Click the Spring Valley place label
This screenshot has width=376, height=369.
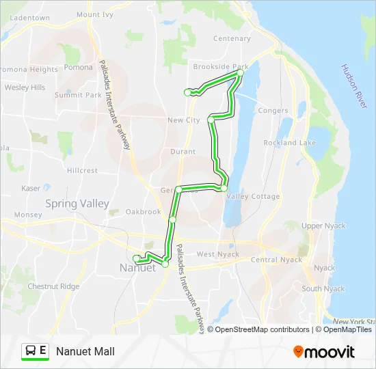(x=77, y=203)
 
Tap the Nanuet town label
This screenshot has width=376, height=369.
(x=137, y=268)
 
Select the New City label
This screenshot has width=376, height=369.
(x=183, y=120)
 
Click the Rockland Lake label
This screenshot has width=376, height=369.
(x=289, y=143)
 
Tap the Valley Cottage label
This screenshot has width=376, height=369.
(x=252, y=196)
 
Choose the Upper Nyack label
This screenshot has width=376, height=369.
(x=321, y=225)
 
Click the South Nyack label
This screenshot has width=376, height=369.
(x=323, y=288)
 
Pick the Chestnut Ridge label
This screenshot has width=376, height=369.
(x=51, y=286)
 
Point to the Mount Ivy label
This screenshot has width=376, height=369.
(x=94, y=14)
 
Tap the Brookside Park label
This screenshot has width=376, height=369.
(x=220, y=67)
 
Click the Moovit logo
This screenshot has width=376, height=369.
(x=324, y=352)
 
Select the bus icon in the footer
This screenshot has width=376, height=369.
(x=31, y=351)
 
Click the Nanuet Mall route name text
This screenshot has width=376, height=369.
(x=85, y=351)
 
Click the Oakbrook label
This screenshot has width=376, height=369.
(x=143, y=212)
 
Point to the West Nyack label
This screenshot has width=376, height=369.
(x=218, y=254)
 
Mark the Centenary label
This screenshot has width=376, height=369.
(x=232, y=39)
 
